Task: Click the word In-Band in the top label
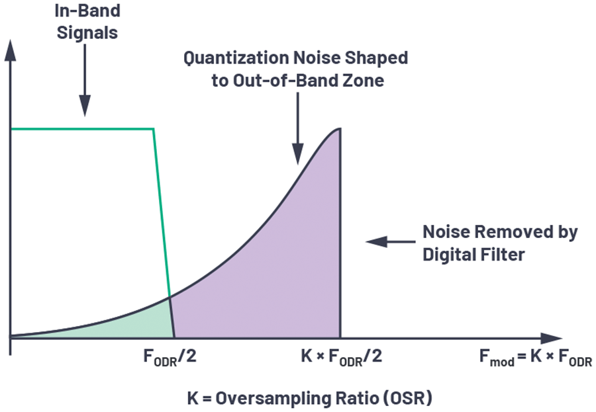(87, 11)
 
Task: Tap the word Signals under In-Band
(87, 32)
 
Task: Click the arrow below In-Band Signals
(85, 80)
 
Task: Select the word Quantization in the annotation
(236, 58)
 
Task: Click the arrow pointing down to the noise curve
(298, 128)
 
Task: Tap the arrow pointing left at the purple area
(391, 241)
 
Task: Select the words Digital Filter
(473, 255)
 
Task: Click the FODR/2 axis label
(170, 357)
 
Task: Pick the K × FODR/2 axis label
(342, 357)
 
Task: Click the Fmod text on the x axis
(497, 358)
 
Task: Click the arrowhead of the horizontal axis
(551, 338)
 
